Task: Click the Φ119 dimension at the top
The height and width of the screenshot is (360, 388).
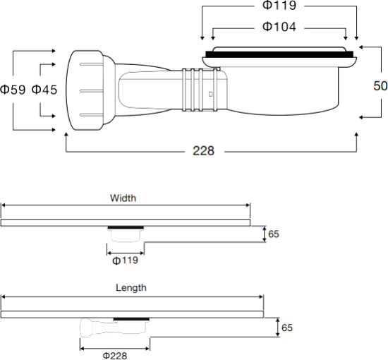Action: pos(279,6)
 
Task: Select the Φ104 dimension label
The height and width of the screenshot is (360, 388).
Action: pos(279,27)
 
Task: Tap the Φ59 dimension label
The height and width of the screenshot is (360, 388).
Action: pos(13,90)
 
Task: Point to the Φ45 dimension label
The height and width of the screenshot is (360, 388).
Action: pos(44,90)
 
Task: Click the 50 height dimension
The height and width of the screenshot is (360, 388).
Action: pos(380,85)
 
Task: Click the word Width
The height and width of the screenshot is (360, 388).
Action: pos(123,198)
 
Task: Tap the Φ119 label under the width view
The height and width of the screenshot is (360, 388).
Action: pos(125,260)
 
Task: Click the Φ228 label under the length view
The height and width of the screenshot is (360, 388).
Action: pos(114,355)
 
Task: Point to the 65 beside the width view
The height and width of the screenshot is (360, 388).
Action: pos(274,234)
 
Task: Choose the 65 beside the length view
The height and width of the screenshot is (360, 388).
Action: pos(286,328)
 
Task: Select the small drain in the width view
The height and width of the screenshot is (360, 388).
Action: pos(126,235)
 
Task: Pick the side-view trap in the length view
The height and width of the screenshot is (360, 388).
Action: pos(113,328)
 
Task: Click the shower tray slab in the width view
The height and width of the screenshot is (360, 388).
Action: pos(126,222)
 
